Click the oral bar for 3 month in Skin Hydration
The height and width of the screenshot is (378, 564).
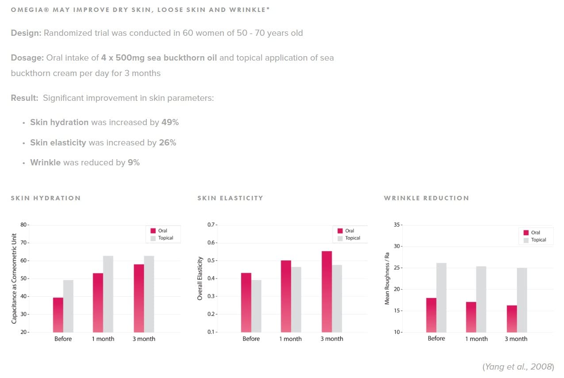pyautogui.click(x=138, y=298)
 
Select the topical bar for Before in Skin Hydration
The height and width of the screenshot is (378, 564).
pyautogui.click(x=68, y=306)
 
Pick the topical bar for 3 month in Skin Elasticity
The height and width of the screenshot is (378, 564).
pyautogui.click(x=337, y=298)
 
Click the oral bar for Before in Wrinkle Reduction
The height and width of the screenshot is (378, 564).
pyautogui.click(x=431, y=315)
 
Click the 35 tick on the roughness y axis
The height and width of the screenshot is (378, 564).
pyautogui.click(x=396, y=225)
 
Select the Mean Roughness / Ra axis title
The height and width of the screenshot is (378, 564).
pyautogui.click(x=387, y=279)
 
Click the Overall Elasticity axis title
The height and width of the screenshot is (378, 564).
pyautogui.click(x=200, y=279)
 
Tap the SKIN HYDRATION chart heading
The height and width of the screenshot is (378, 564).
pyautogui.click(x=46, y=198)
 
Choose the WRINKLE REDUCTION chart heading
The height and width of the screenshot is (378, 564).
pyautogui.click(x=426, y=198)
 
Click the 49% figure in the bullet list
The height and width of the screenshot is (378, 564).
pyautogui.click(x=170, y=122)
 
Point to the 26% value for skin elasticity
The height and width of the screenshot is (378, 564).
pyautogui.click(x=167, y=143)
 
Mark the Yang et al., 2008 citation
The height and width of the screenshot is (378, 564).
pyautogui.click(x=517, y=367)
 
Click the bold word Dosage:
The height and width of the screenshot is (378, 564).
pyautogui.click(x=26, y=58)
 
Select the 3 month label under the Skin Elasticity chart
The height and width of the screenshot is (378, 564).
pyautogui.click(x=331, y=339)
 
